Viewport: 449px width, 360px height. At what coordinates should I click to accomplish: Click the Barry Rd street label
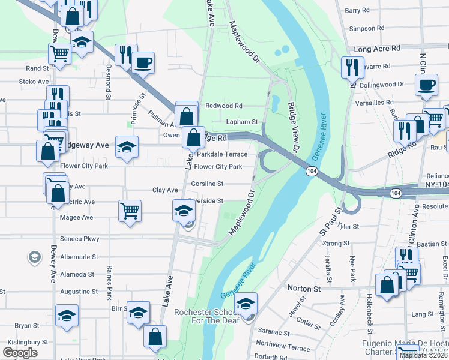[x=357, y=10]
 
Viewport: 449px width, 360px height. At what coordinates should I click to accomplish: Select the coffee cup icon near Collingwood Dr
[x=427, y=85]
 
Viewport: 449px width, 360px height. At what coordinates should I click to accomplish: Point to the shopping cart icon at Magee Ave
[x=130, y=211]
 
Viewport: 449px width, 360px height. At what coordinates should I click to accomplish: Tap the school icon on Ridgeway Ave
[x=127, y=148]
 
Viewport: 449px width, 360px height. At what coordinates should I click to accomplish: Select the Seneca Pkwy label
[x=83, y=239]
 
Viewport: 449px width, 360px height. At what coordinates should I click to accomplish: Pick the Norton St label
[x=304, y=289]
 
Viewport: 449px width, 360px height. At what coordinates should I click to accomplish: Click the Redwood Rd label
[x=223, y=105]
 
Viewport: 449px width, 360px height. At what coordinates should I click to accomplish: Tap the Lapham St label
[x=241, y=122]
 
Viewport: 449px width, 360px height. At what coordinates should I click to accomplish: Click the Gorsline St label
[x=207, y=184]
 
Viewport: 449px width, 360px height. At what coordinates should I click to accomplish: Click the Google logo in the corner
[x=20, y=353]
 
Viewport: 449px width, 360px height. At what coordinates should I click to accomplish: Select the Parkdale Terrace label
[x=222, y=154]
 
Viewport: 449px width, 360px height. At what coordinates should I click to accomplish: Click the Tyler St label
[x=348, y=226]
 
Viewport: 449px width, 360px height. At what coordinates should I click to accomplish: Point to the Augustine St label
[x=79, y=291]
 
